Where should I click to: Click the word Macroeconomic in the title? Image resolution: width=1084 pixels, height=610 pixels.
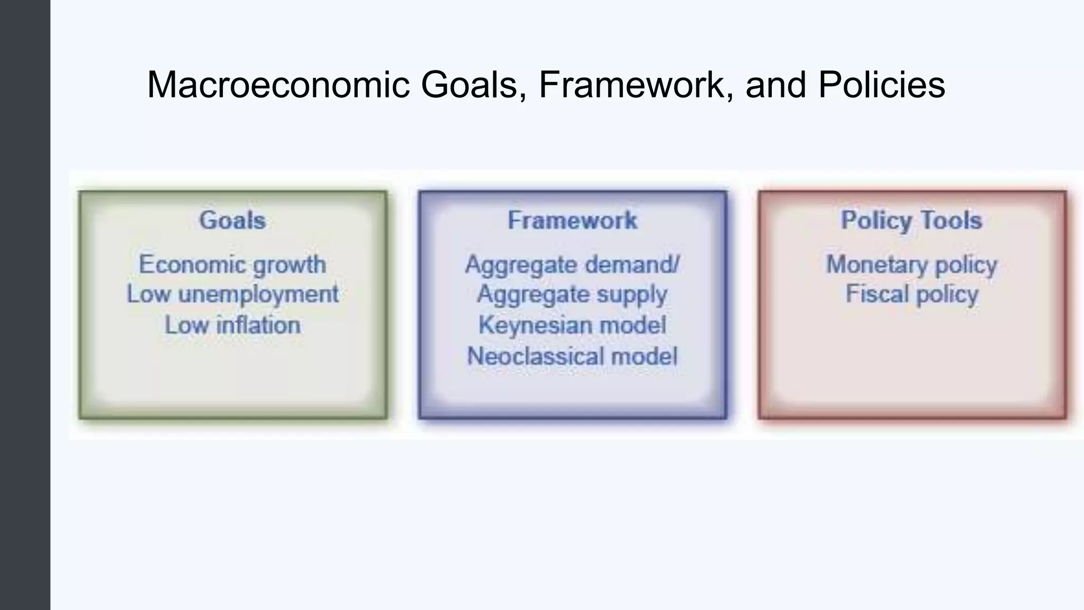click(x=278, y=85)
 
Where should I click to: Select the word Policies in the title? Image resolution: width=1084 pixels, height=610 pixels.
click(x=881, y=85)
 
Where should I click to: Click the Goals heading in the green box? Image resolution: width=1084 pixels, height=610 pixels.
click(x=232, y=220)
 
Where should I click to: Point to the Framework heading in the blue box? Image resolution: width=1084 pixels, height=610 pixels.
click(x=572, y=220)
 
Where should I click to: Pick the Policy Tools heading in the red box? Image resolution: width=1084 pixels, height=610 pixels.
click(x=911, y=220)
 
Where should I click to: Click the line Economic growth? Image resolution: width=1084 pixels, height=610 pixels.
click(x=232, y=265)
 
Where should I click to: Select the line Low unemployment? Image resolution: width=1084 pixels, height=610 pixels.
click(x=232, y=294)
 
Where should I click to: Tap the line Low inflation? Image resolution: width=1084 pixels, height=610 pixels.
click(x=232, y=325)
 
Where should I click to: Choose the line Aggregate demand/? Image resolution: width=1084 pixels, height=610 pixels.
click(x=572, y=265)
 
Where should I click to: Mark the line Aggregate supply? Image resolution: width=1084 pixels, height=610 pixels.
click(x=572, y=294)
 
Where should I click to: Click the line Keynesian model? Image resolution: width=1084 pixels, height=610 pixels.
click(x=572, y=325)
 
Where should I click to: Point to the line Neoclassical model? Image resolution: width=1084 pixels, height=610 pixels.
click(x=572, y=356)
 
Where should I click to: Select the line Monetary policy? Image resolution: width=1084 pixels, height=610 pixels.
click(x=911, y=265)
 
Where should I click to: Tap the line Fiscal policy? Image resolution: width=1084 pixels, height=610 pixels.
click(x=911, y=294)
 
